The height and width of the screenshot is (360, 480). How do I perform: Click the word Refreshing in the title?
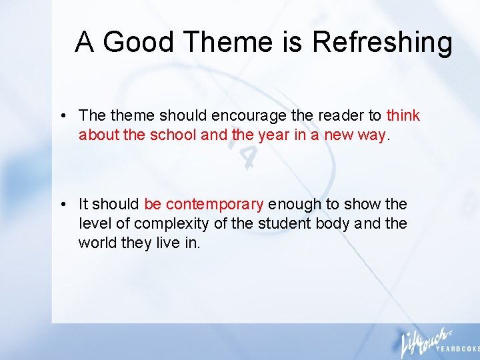[382, 43]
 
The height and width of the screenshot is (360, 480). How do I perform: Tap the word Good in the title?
[139, 43]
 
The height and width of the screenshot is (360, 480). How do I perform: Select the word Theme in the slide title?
[227, 43]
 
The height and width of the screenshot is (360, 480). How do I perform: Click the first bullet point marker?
[61, 116]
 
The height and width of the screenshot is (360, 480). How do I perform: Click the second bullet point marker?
[61, 204]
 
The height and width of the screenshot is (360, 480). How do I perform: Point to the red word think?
[403, 116]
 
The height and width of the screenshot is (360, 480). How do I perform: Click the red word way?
[371, 135]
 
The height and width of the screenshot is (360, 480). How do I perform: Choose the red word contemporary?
[215, 204]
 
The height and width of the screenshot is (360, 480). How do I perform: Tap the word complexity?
[182, 223]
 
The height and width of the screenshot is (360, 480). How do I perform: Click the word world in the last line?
[97, 243]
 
